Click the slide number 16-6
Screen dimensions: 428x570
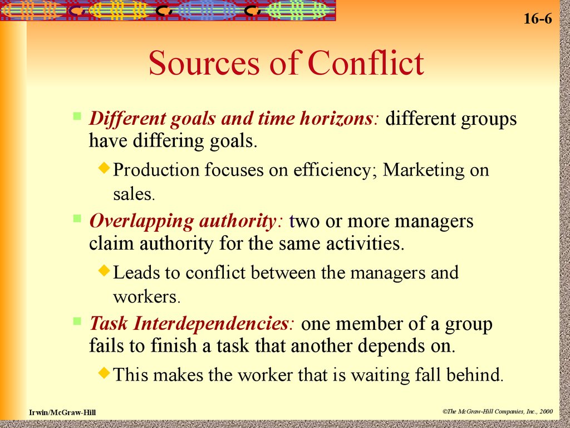coord(537,19)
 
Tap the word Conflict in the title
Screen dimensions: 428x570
coord(366,63)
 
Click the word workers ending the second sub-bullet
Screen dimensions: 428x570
coord(146,296)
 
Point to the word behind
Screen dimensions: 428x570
coord(474,374)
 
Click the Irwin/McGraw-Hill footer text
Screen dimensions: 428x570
coord(62,412)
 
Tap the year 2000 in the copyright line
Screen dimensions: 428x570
coord(547,411)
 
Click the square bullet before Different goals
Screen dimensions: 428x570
coord(77,116)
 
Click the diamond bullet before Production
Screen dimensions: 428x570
coord(104,167)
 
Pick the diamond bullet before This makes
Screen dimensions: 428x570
coord(104,372)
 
